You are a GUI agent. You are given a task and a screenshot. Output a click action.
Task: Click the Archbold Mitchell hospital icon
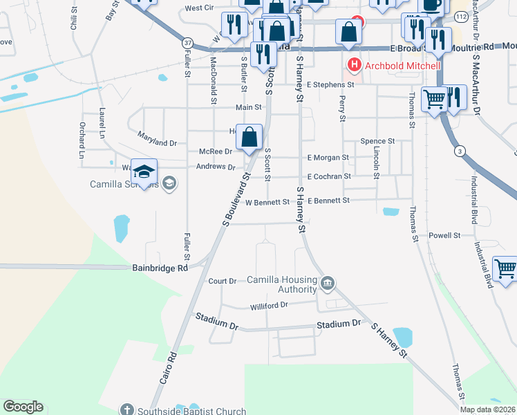pyautogui.click(x=355, y=66)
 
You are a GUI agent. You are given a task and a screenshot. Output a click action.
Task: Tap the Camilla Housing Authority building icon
pyautogui.click(x=329, y=283)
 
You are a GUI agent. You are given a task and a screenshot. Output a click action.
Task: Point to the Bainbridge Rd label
pyautogui.click(x=159, y=268)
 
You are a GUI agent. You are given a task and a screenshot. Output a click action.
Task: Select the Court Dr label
pyautogui.click(x=223, y=281)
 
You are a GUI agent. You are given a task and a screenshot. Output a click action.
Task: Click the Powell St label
pyautogui.click(x=444, y=236)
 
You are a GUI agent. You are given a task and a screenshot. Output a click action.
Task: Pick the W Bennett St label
pyautogui.click(x=267, y=202)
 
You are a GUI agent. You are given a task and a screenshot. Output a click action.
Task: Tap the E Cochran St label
pyautogui.click(x=329, y=176)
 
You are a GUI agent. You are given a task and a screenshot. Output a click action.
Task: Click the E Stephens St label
pyautogui.click(x=330, y=84)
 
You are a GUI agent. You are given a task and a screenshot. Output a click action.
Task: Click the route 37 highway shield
pyautogui.click(x=187, y=43)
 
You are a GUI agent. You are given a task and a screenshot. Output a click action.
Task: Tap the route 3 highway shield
pyautogui.click(x=458, y=151)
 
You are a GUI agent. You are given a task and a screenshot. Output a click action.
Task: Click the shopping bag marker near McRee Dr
pyautogui.click(x=250, y=138)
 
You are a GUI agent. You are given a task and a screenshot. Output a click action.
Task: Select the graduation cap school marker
pyautogui.click(x=144, y=172)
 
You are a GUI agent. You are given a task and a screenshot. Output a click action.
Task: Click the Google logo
pyautogui.click(x=23, y=407)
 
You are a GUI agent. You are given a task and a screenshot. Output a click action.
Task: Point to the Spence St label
pyautogui.click(x=377, y=141)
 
